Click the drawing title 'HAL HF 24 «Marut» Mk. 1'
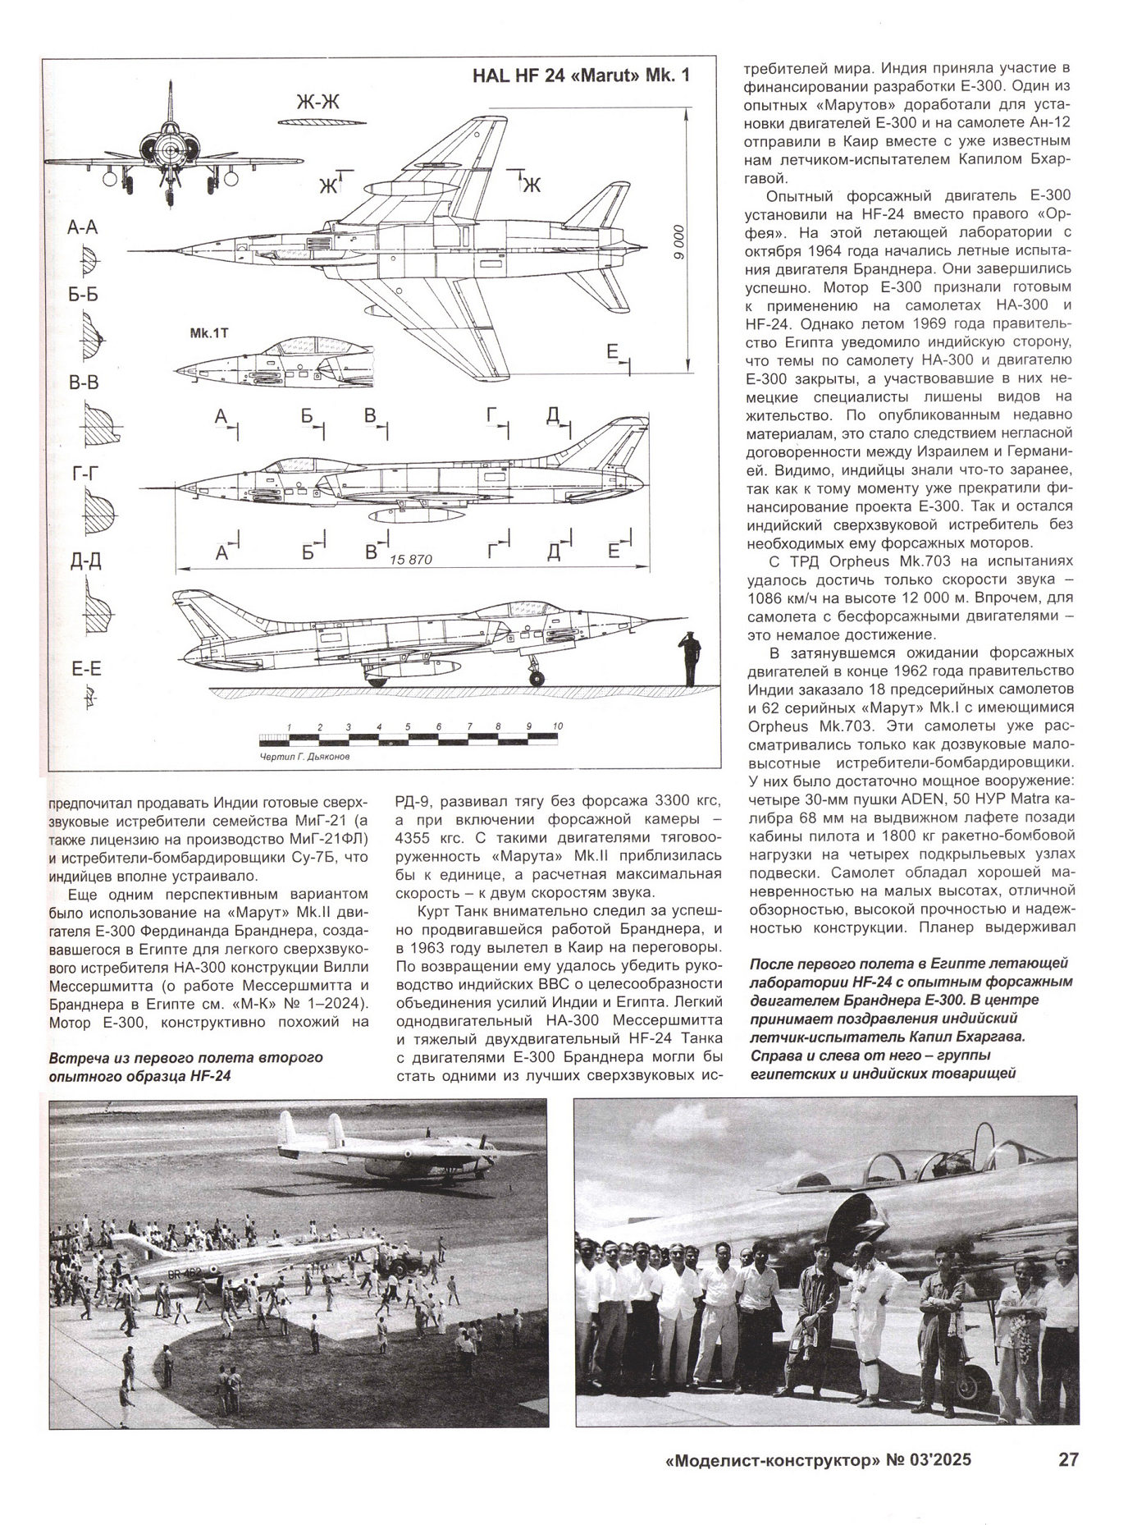(x=582, y=76)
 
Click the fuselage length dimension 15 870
(x=410, y=560)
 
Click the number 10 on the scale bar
(x=558, y=727)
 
